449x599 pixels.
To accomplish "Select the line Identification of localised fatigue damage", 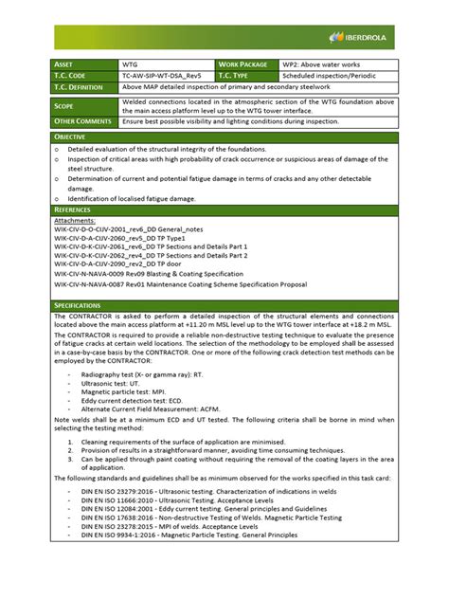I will (132, 198).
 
